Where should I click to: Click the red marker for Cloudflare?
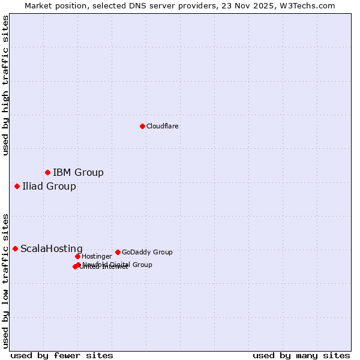142,126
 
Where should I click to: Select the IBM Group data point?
47,173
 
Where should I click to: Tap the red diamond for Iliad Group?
17,186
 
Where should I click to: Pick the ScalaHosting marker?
15,248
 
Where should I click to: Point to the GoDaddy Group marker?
118,252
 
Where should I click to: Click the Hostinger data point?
77,256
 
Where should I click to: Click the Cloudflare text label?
163,126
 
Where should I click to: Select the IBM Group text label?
78,173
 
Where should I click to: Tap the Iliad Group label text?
49,186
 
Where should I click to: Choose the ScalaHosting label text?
52,249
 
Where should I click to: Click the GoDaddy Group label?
147,252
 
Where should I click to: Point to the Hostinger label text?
97,256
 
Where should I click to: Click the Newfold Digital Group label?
118,265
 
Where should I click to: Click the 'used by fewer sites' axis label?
62,355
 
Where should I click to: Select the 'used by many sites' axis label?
301,355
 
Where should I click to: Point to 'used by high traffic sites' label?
5,85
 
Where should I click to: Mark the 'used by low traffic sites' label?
5,280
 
